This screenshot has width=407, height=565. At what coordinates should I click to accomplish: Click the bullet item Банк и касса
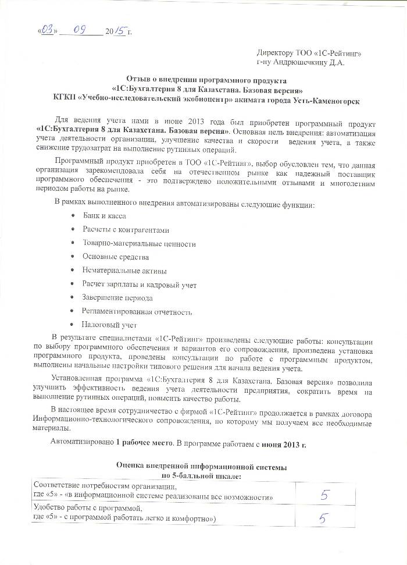[104, 215]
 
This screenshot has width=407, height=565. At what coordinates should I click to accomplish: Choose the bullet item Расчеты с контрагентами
[126, 229]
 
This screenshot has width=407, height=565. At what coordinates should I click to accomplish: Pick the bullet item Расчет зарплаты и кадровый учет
[140, 285]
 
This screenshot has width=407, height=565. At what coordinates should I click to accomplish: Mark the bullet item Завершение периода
[118, 298]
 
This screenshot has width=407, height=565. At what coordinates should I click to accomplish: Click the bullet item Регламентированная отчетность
[137, 312]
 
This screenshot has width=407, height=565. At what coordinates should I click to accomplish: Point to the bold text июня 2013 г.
[285, 443]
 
